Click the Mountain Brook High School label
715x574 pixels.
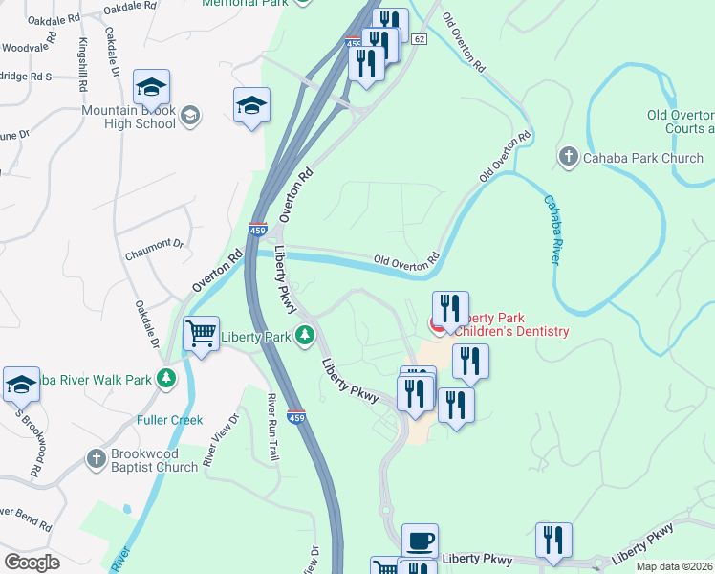point(128,117)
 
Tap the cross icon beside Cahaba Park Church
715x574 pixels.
point(568,157)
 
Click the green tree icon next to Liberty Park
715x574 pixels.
point(305,336)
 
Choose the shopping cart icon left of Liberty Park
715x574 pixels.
point(201,335)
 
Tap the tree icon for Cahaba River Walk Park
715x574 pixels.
point(166,379)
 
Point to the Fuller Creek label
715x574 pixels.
point(169,419)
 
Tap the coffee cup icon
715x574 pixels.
point(420,541)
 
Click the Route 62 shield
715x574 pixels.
point(420,38)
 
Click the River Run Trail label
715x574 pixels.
point(273,428)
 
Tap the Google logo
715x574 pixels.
point(32,562)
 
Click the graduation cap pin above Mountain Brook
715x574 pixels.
point(152,88)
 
